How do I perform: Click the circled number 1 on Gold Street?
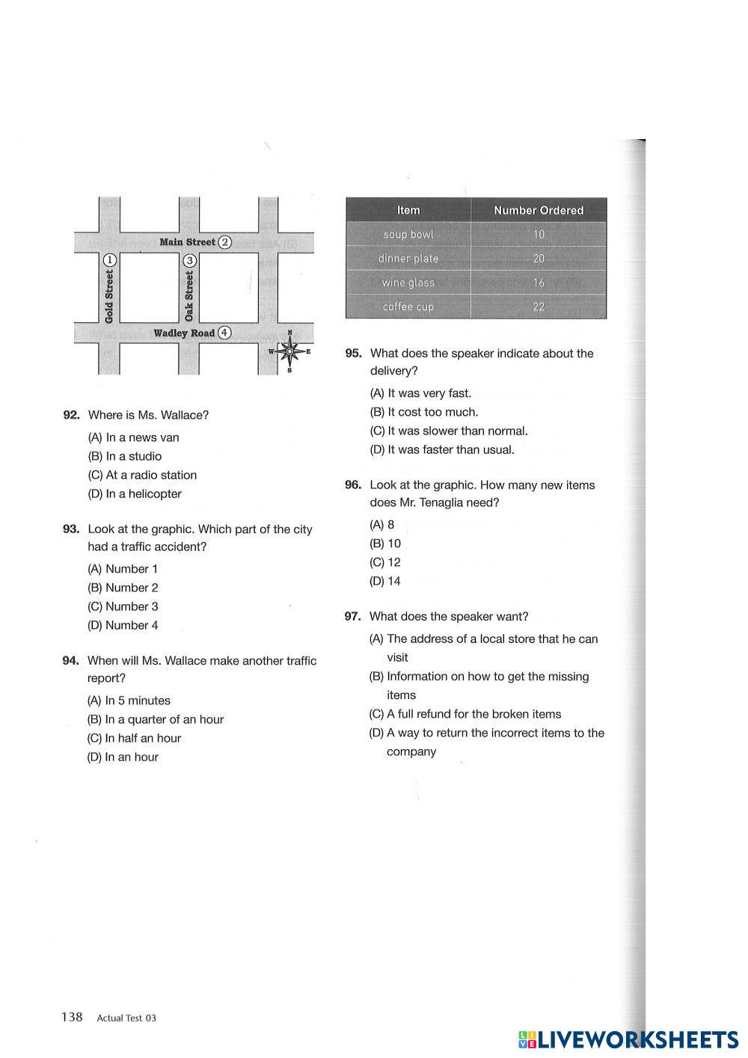tap(109, 259)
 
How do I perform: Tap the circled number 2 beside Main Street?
tap(224, 242)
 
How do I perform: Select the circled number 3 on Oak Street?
tap(189, 260)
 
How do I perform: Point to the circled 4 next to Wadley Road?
tap(224, 333)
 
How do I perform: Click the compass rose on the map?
tap(289, 351)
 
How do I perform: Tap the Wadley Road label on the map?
tap(184, 333)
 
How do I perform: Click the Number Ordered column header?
tap(539, 210)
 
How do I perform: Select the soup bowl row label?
tap(408, 234)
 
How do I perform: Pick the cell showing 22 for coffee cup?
tap(539, 307)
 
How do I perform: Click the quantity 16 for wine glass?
tap(539, 283)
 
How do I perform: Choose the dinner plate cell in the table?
tap(408, 259)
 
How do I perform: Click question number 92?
tap(71, 415)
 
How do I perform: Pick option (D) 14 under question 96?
tap(385, 581)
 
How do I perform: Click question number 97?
tap(352, 616)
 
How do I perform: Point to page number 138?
tap(72, 1016)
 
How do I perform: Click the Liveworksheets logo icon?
tap(527, 1040)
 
